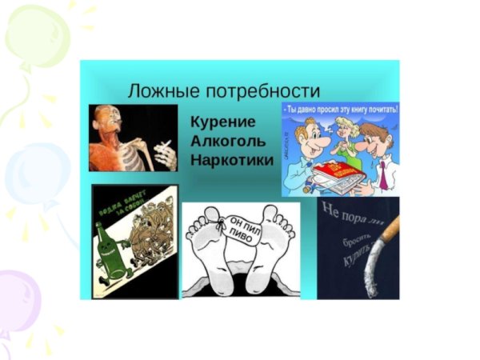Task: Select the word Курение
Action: pos(223,122)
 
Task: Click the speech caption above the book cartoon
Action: pos(341,107)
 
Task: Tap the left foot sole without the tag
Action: pos(207,248)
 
